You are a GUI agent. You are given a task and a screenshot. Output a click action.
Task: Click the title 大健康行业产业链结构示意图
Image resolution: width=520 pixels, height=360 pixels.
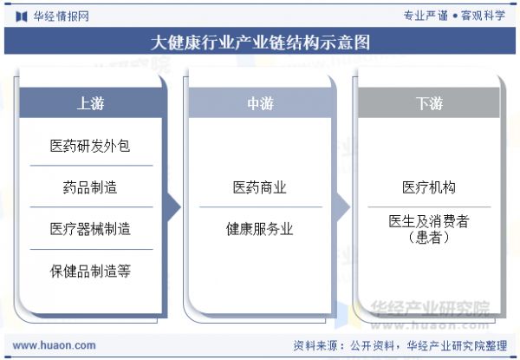pos(260,43)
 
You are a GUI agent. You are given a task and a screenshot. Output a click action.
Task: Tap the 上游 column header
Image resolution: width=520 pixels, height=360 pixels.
pos(90,103)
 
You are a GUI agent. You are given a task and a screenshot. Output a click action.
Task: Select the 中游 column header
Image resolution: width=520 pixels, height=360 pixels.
pos(260,103)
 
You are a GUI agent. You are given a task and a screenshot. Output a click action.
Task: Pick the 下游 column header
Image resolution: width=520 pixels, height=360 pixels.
pos(429,103)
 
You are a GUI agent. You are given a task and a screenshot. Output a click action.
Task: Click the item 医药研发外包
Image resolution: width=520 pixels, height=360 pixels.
pos(90,146)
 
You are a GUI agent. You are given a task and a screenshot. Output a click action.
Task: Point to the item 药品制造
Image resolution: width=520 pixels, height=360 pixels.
pos(90,187)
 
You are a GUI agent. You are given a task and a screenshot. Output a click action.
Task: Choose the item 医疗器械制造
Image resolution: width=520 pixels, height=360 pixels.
pos(90,229)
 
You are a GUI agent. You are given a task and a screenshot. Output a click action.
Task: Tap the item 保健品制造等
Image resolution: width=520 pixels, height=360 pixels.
pos(90,271)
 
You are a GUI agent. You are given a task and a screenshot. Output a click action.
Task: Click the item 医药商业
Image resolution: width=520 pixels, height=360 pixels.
pos(260,187)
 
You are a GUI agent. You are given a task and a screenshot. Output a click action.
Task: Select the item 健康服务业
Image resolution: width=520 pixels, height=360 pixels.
pos(260,229)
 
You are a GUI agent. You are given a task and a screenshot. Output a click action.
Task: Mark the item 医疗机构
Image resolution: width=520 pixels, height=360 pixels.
pos(429,187)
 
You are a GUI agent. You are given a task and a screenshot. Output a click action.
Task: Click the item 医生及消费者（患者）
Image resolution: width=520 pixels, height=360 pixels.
pos(429,229)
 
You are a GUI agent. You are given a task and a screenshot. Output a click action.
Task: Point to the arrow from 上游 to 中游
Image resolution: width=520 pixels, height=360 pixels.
pos(173,207)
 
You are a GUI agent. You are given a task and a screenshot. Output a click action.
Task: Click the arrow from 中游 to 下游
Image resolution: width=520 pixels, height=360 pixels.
pos(342,207)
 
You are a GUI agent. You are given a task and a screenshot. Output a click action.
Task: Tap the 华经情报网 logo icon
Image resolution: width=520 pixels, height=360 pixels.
pos(22,16)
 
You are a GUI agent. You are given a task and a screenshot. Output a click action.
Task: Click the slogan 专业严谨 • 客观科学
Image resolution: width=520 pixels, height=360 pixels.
pos(454,16)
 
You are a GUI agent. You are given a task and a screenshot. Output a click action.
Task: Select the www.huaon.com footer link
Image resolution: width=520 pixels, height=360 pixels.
pos(54,345)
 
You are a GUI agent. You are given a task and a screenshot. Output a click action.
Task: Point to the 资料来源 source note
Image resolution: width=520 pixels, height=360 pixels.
pos(400,346)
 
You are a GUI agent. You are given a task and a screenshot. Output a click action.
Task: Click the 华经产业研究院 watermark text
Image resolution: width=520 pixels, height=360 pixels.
pos(430,308)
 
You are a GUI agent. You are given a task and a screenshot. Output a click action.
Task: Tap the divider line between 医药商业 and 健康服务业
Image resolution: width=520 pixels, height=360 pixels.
pos(261,207)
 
